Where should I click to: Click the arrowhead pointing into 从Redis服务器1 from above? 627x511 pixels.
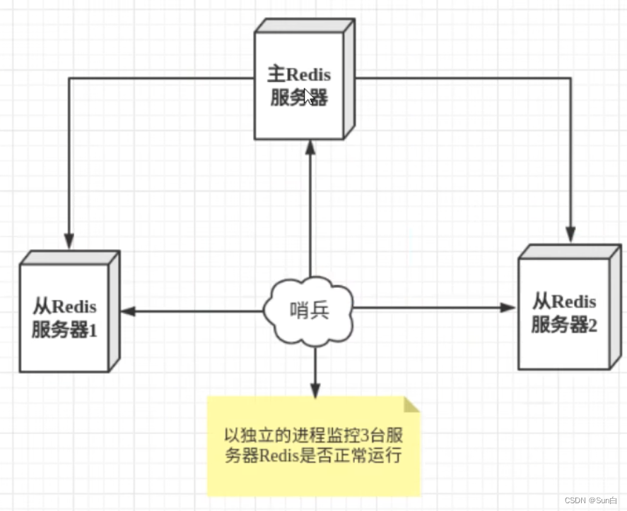69,240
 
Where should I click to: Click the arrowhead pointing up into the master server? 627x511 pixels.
310,147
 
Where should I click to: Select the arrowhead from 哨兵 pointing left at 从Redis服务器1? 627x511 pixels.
129,310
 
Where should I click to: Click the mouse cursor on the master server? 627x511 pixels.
307,95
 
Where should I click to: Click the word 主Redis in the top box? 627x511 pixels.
298,74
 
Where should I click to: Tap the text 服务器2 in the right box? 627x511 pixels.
563,325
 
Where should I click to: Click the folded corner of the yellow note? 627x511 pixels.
412,405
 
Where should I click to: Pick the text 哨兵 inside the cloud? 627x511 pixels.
310,310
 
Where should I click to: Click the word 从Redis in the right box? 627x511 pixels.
563,302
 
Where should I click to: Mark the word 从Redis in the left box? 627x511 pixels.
64,307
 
